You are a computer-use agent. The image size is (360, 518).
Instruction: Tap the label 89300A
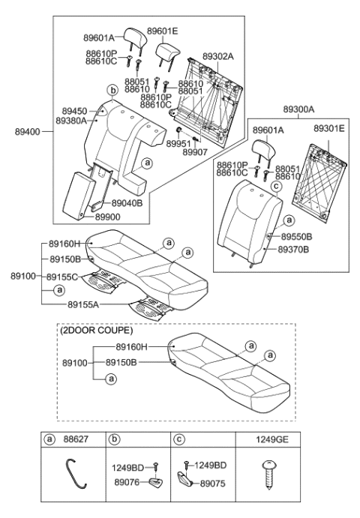299,109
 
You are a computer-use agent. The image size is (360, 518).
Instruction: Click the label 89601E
163,31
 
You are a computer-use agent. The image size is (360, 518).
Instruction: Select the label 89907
195,151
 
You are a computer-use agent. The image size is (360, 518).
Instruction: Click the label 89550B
296,237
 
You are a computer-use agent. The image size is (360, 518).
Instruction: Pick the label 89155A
84,305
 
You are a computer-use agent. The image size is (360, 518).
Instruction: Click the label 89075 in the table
214,484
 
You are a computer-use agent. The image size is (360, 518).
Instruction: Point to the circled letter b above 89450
112,91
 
